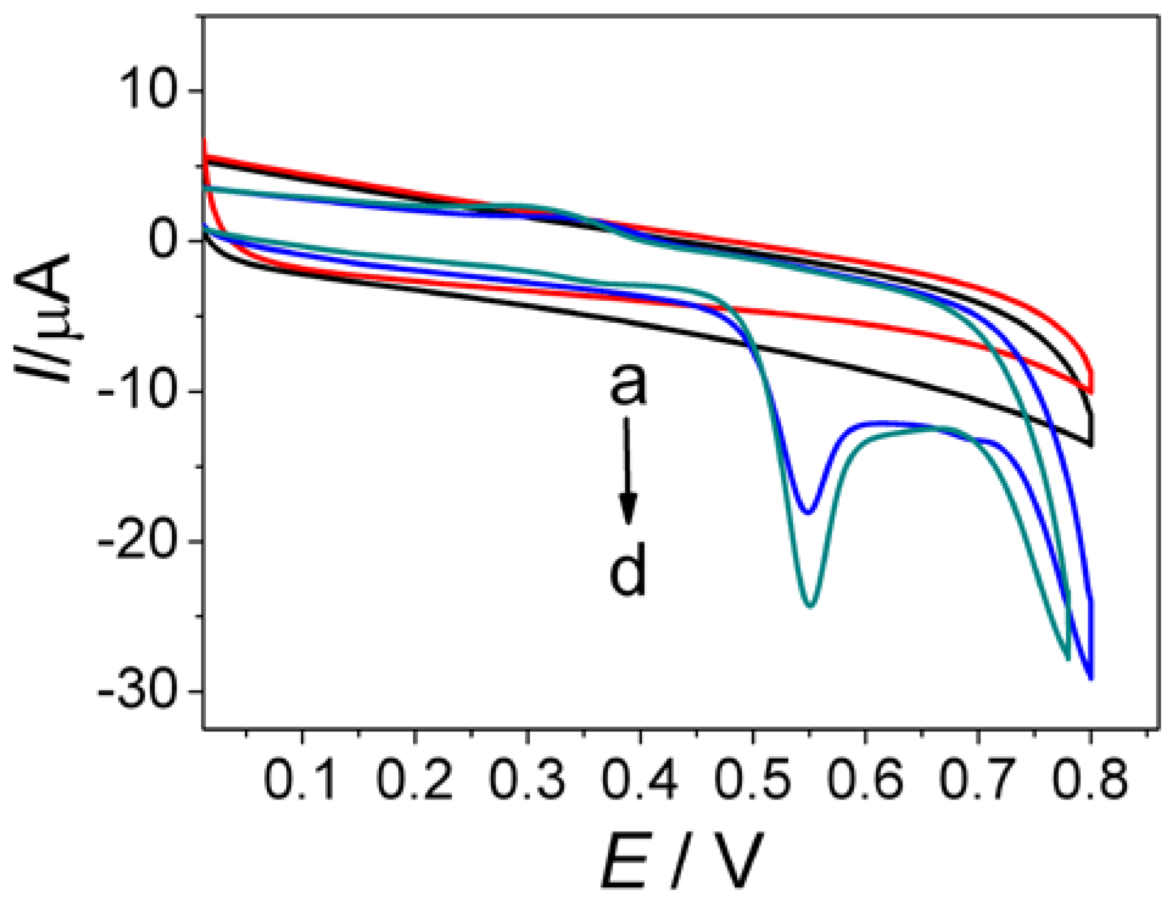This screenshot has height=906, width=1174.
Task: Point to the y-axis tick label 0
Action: pyautogui.click(x=167, y=241)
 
